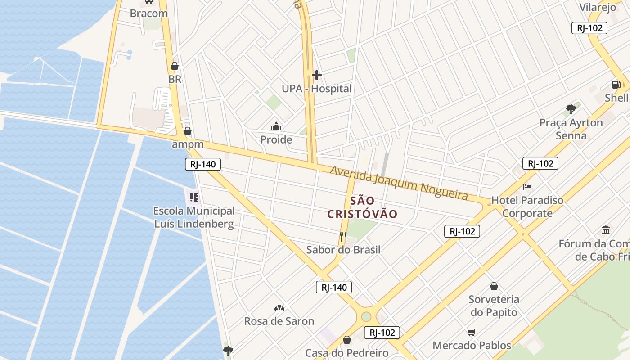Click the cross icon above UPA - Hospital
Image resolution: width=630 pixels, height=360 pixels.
click(317, 75)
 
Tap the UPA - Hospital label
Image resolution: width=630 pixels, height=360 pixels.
click(317, 89)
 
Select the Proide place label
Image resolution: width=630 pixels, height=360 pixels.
click(276, 139)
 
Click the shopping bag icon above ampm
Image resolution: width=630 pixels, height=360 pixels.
click(188, 131)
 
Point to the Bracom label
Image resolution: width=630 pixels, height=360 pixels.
click(149, 13)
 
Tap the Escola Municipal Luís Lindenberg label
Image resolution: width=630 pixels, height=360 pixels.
click(194, 217)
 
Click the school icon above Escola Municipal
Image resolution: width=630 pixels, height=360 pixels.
click(194, 197)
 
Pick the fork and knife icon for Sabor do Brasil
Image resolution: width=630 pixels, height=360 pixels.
click(343, 236)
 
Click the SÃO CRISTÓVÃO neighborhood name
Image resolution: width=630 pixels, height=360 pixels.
click(362, 207)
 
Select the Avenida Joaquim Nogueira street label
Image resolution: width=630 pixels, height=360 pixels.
click(399, 182)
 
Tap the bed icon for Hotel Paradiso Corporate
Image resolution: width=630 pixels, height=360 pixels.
click(527, 187)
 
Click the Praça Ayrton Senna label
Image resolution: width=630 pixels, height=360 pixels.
click(571, 129)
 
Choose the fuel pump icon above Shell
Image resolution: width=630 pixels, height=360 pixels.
click(616, 84)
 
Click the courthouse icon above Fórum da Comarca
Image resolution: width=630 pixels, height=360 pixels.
click(606, 230)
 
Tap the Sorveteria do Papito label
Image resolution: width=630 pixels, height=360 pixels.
click(494, 306)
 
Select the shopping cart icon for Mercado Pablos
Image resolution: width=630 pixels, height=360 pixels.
click(471, 333)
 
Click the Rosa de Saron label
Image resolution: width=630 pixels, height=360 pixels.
click(279, 321)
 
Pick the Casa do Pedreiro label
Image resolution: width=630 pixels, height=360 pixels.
click(346, 353)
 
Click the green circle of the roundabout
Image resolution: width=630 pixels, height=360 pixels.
click(366, 316)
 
